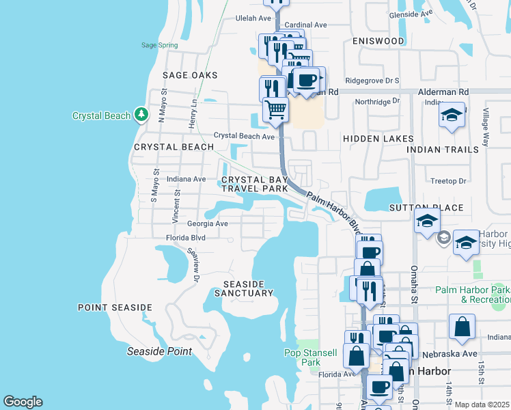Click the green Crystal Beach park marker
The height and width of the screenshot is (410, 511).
pos(141,114)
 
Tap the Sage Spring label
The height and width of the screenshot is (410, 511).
pos(159,46)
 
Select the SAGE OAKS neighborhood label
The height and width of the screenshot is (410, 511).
pos(190,75)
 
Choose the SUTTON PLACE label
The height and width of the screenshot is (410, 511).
pos(426,208)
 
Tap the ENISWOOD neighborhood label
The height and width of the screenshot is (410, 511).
pos(378,41)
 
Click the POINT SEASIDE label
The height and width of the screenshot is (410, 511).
pos(115,307)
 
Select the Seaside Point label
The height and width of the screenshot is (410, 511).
pos(160,351)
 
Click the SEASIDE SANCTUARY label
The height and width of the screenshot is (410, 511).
pos(244,288)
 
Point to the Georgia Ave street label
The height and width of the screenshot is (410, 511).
pos(208,223)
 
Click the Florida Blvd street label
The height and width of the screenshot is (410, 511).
pos(186,238)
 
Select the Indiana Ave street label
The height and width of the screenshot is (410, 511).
pos(186,179)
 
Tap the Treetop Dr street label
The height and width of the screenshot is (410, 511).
pos(448,181)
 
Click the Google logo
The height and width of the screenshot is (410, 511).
pos(23,402)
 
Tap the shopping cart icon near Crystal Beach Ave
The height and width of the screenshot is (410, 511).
pos(275,108)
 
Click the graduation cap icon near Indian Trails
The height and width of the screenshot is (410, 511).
pos(452,114)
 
